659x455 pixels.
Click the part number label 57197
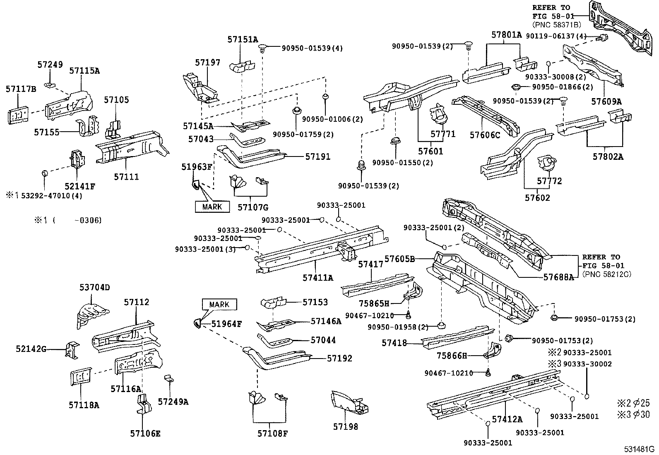click(208, 63)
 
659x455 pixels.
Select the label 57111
click(126, 177)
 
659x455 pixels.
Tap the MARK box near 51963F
click(212, 207)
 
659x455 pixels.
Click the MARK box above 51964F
click(219, 304)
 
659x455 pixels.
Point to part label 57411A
click(317, 278)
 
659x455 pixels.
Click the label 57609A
click(606, 101)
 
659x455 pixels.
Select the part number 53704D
click(95, 287)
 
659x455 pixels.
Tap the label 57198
click(346, 426)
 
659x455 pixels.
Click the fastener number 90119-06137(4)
click(556, 36)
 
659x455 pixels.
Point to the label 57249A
click(173, 402)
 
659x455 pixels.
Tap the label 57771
click(443, 134)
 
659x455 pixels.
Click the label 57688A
click(558, 277)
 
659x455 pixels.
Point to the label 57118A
click(84, 405)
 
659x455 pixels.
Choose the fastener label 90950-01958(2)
click(398, 327)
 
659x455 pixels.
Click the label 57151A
click(243, 40)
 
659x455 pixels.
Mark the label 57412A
click(507, 419)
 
